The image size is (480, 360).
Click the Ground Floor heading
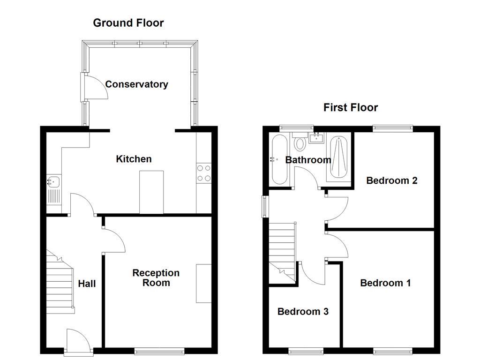128,23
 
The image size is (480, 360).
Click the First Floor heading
351,107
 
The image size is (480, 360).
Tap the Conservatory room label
136,84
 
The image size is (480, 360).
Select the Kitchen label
134,159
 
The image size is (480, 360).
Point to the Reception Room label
156,277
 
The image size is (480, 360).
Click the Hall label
87,284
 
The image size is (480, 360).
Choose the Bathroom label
308,160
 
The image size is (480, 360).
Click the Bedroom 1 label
385,283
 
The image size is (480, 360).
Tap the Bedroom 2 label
392,180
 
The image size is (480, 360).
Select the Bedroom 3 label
303,311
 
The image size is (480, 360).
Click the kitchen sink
53,181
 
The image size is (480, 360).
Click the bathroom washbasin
317,137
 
